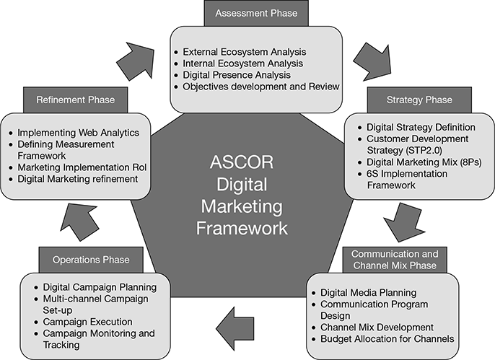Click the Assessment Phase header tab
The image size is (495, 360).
tap(251, 12)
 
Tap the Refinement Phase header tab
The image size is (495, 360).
tap(75, 99)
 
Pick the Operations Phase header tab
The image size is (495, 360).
tap(91, 259)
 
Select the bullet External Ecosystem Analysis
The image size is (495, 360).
tap(245, 52)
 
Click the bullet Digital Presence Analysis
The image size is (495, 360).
tap(237, 75)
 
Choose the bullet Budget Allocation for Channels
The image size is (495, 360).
tap(387, 338)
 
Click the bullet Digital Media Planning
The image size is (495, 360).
tap(368, 292)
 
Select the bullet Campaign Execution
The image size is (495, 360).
tap(87, 321)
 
